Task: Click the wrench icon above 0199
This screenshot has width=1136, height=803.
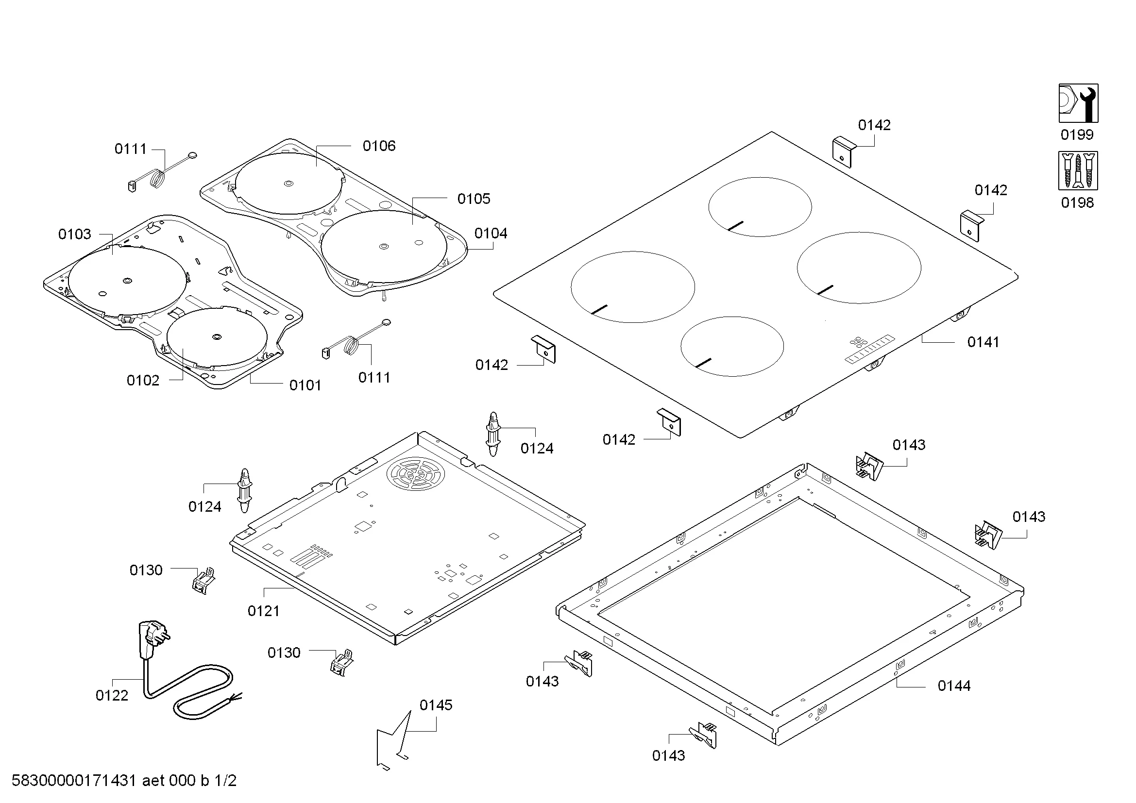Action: pos(1078,103)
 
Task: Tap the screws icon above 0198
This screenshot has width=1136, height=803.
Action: pos(1078,170)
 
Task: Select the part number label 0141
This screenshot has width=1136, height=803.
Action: pos(983,342)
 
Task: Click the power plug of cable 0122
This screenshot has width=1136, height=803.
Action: pos(151,640)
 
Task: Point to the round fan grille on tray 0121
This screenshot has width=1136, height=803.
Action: pos(416,474)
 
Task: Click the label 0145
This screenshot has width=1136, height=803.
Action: pos(436,705)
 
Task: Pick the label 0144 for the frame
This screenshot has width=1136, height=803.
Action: pos(954,686)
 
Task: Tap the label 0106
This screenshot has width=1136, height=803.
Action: pos(379,146)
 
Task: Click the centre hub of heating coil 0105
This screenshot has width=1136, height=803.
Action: pos(384,246)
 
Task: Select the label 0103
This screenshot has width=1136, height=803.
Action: pos(75,234)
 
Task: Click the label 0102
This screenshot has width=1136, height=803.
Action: pos(143,381)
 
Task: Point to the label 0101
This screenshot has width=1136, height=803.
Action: pos(305,385)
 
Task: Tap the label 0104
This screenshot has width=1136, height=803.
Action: pos(491,234)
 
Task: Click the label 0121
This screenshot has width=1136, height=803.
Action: pos(264,611)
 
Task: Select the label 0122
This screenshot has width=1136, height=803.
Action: pos(112,696)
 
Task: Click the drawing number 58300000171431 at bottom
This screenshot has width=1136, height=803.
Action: pos(74,781)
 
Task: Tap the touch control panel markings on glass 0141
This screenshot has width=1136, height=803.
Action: pos(870,349)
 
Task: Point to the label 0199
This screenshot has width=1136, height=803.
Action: pos(1077,135)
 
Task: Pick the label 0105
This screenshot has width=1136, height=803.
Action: pos(474,199)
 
